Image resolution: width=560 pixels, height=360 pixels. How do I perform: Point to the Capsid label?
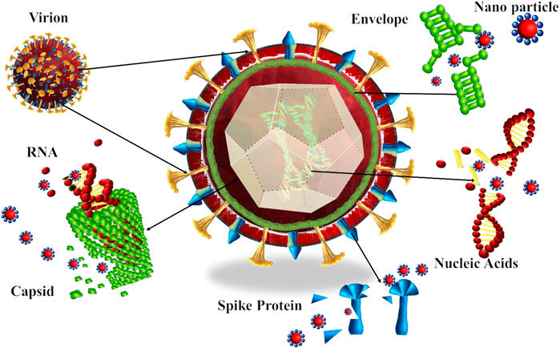[x=32, y=290]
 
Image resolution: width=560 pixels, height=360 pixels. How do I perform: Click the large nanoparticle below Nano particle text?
[x=527, y=30]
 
